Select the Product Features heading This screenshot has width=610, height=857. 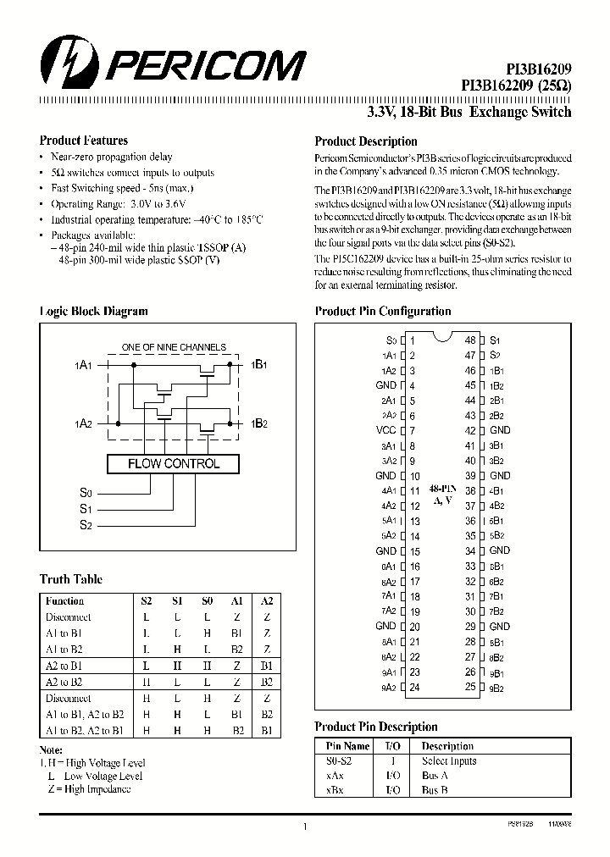point(84,141)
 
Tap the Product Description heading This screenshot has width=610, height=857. point(365,141)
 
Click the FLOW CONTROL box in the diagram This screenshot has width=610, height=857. point(173,463)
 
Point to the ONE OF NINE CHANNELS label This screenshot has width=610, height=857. point(174,347)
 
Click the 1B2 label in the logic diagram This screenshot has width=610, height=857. point(259,423)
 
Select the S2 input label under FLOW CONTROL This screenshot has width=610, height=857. point(85,525)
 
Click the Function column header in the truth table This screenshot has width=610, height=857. point(64,600)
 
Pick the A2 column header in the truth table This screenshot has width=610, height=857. point(266,600)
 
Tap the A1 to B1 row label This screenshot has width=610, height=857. point(64,633)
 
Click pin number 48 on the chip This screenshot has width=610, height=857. point(470,340)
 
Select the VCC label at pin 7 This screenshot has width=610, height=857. point(385,430)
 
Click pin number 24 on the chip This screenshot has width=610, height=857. point(414,688)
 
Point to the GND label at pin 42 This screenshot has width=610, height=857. point(500,430)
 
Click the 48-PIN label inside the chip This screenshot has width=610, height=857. point(443,489)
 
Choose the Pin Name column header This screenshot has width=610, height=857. point(347,746)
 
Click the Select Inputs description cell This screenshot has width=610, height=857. point(449,760)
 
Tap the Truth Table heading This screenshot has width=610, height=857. point(71,579)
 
